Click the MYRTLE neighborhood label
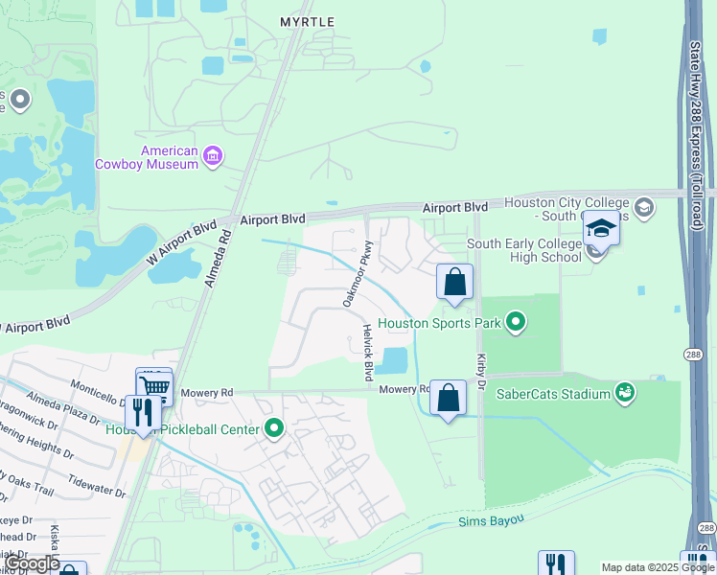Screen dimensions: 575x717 coord(307,21)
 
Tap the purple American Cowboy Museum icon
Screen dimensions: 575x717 coord(214,155)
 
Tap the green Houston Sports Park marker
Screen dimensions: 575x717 coord(517,322)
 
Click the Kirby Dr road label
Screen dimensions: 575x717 coord(481,364)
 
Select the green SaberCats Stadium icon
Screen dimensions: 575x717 coord(625,392)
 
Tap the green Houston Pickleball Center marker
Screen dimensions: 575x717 coord(274,428)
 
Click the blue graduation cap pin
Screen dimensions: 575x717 coord(601,228)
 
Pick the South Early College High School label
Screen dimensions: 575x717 coord(524,251)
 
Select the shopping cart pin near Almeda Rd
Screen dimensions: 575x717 coord(154,386)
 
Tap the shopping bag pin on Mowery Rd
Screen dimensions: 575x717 coord(448,398)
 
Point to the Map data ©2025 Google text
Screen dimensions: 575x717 coord(658,567)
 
